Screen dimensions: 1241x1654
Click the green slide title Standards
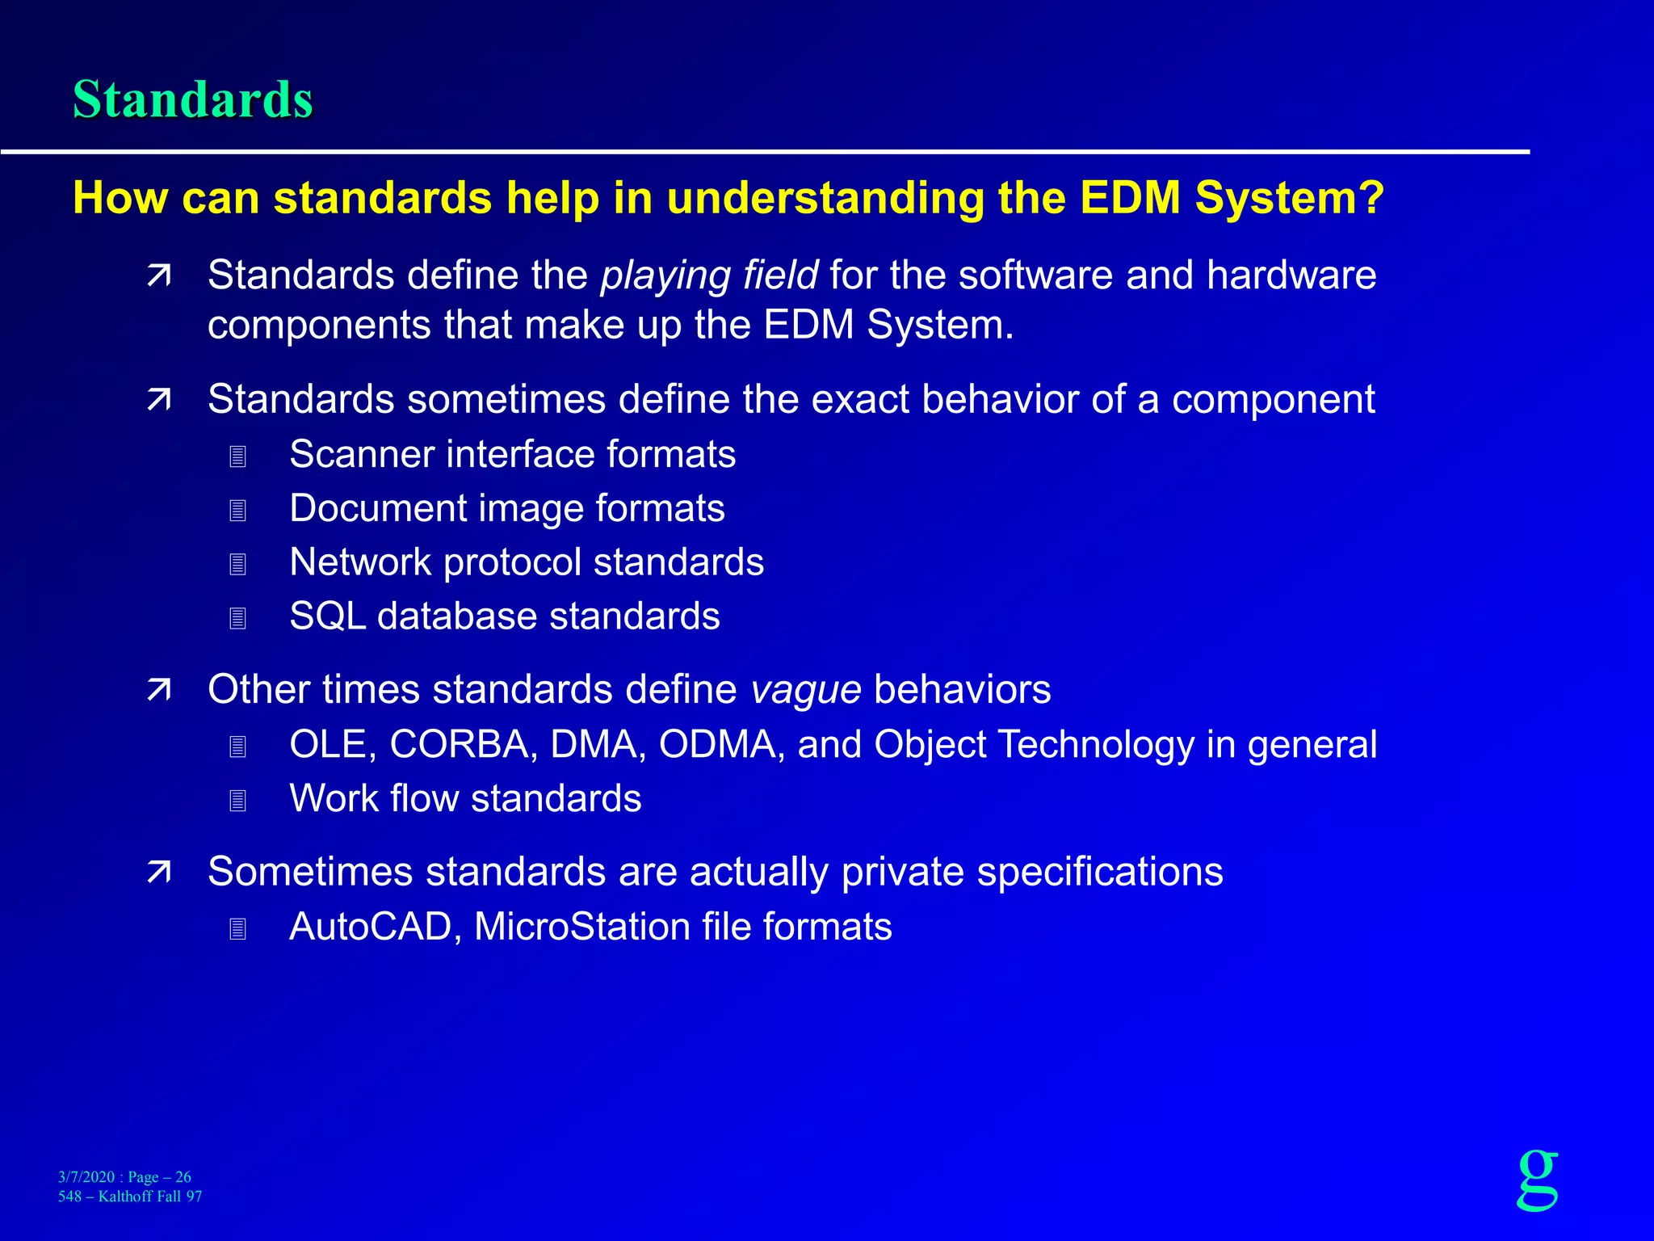tap(192, 99)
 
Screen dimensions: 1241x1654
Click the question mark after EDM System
tap(1371, 197)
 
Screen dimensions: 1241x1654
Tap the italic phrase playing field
tap(709, 276)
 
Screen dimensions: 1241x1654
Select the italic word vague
tap(805, 690)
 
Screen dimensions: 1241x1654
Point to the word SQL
tap(327, 616)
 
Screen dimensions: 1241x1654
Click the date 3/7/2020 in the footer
tap(86, 1177)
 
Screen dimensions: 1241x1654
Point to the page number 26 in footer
tap(183, 1177)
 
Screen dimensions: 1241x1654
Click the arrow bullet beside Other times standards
tap(159, 690)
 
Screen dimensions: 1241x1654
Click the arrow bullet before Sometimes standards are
tap(159, 873)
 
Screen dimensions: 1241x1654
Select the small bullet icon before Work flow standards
tap(237, 801)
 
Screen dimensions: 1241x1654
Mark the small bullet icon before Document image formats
tap(237, 511)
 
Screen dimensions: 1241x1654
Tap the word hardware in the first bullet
tap(1291, 276)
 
